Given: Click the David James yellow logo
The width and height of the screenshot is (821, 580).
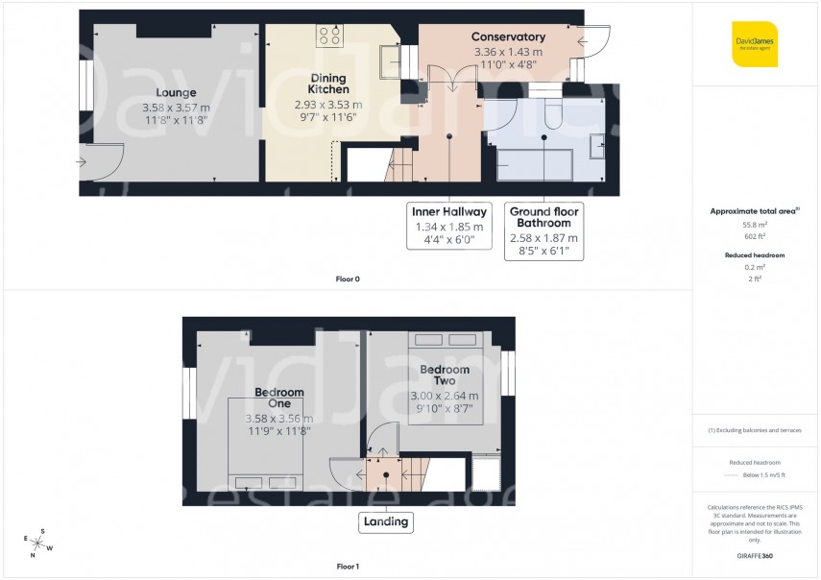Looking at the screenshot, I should pos(754,44).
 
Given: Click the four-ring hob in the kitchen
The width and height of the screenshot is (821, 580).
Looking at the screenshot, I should pos(329,36).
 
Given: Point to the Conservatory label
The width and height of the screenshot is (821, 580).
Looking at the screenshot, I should pos(509,37).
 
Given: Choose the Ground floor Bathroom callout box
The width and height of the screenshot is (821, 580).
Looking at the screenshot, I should pos(543,230).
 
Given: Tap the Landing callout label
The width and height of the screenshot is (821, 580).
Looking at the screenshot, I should pos(385,522).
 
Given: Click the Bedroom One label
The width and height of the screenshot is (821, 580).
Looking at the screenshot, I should pos(278,398).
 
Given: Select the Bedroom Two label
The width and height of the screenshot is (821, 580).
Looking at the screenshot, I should pos(445,375).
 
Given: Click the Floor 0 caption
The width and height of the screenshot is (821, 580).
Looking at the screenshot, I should pos(347,279).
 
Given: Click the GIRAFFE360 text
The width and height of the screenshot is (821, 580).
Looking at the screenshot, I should pos(755,556).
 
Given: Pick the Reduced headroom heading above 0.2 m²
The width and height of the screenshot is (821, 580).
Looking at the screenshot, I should pos(755,255).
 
